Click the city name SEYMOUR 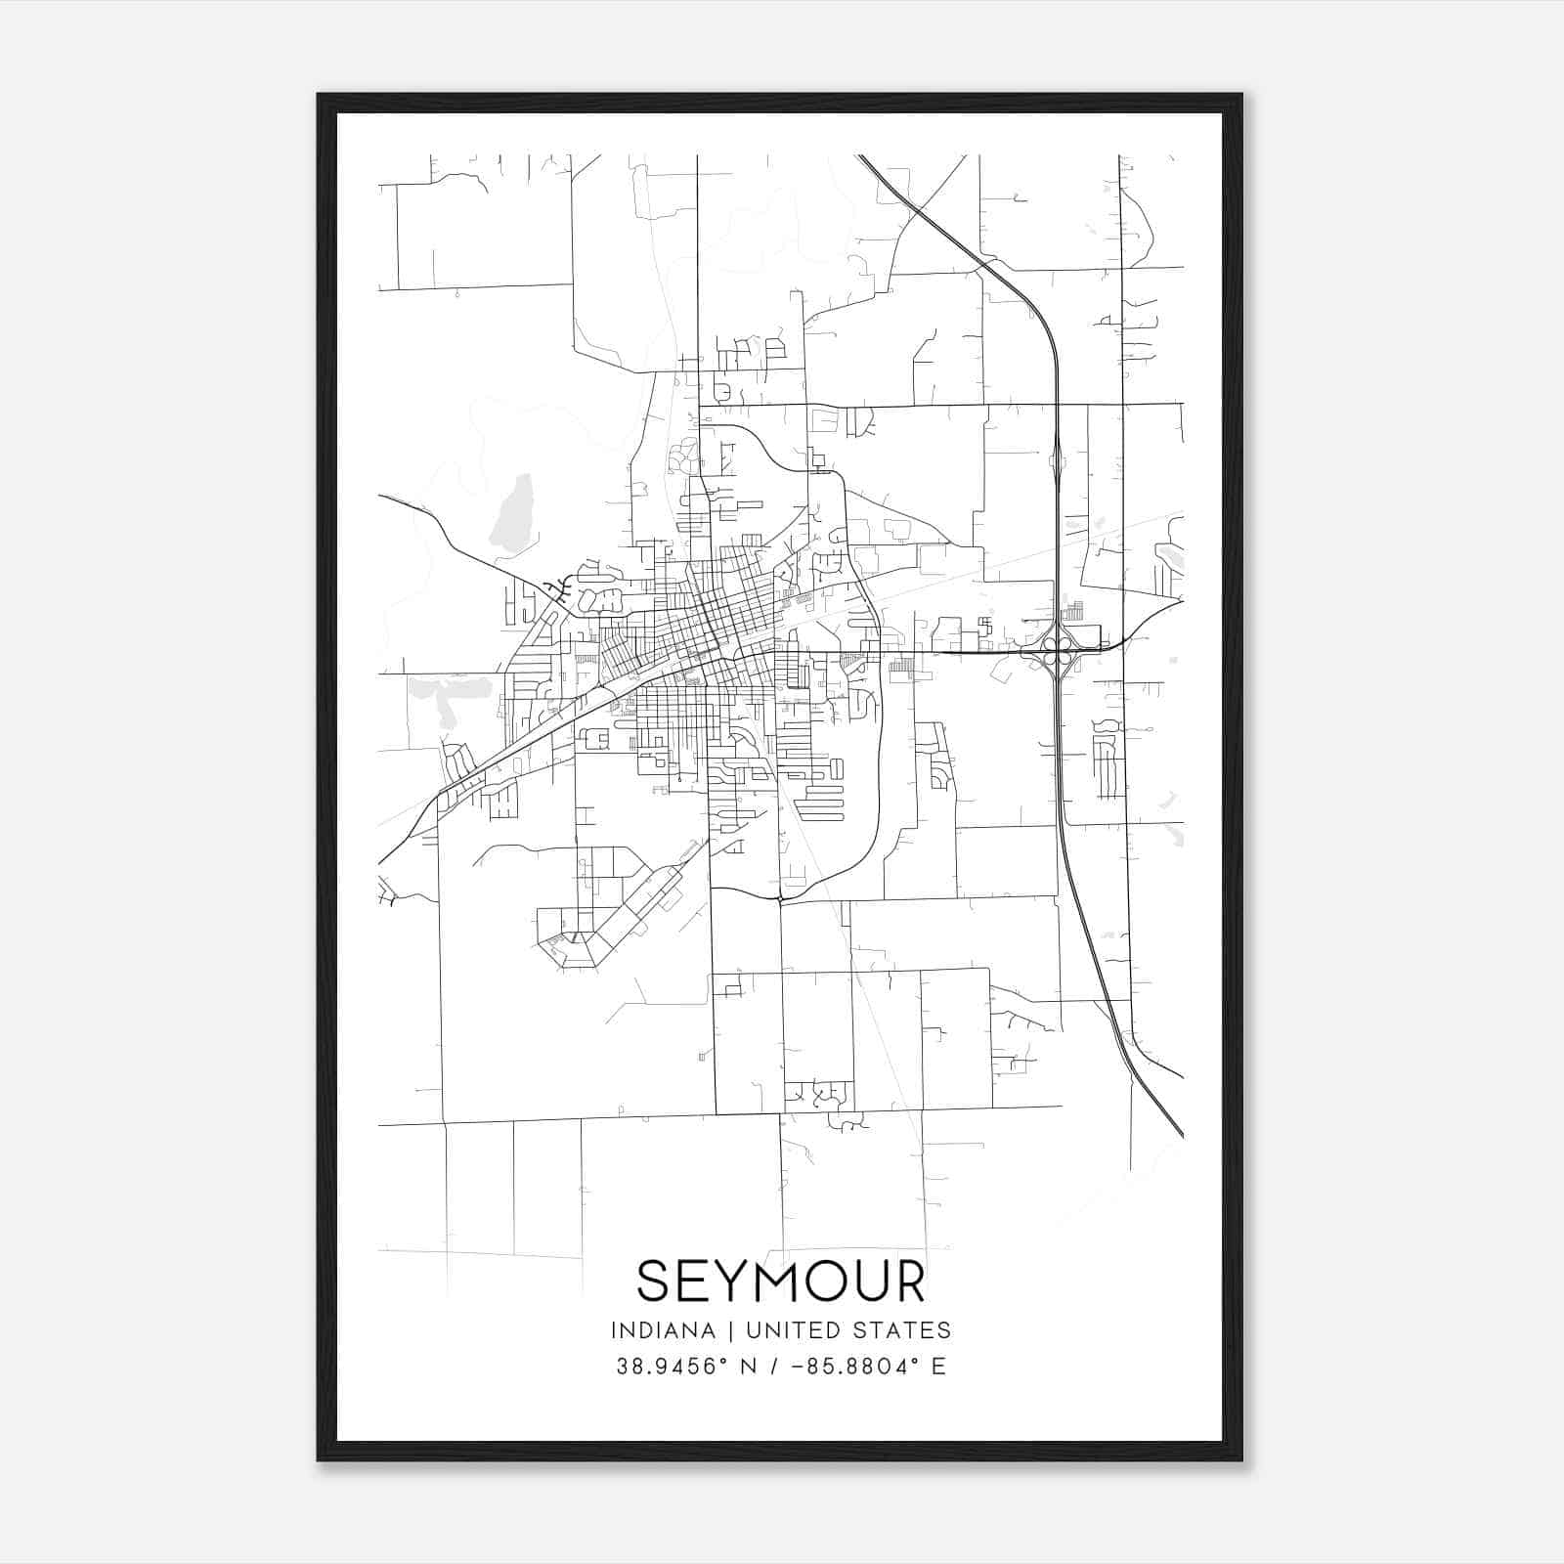point(780,1282)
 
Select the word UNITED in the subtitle point(791,1330)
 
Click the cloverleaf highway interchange point(1057,650)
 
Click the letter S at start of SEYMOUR point(653,1282)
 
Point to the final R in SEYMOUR point(908,1282)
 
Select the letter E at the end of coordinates point(939,1367)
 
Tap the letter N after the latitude point(751,1367)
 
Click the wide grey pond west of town point(451,693)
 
